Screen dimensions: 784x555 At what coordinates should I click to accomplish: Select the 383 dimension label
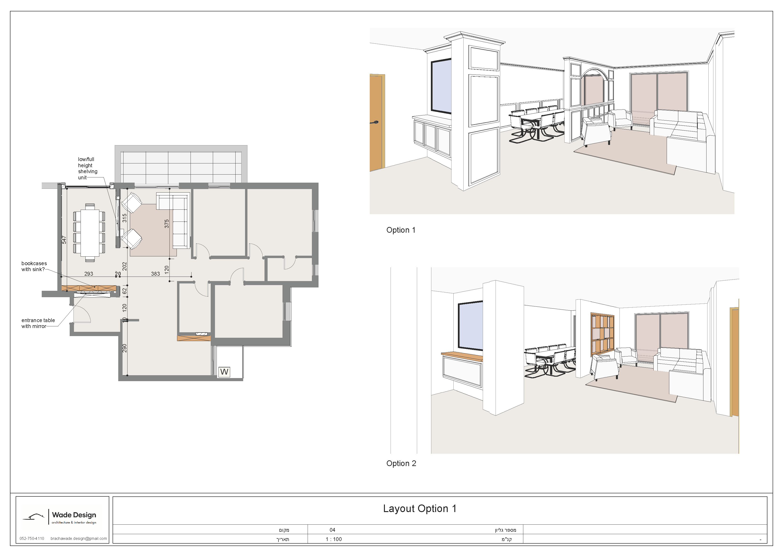(155, 274)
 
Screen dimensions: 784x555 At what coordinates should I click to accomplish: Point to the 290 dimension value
(125, 348)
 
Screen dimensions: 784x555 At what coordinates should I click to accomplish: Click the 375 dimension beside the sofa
(167, 224)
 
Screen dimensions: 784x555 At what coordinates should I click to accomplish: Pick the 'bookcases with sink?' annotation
(34, 266)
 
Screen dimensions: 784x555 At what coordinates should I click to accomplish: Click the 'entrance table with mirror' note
(38, 323)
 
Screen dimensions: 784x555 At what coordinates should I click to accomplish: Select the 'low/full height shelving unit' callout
(88, 168)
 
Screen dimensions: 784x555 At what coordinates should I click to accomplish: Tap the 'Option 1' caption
(401, 230)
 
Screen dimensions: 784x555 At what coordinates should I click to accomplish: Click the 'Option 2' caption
(401, 463)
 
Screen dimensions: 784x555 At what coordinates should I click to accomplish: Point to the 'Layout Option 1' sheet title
(420, 509)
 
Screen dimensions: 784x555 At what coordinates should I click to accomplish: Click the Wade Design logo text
(74, 515)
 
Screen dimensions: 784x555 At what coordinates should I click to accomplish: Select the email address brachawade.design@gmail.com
(78, 539)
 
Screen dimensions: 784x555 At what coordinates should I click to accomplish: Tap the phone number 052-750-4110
(32, 539)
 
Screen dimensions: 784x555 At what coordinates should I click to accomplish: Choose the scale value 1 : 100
(334, 539)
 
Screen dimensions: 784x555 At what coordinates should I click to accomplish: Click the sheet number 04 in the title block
(332, 530)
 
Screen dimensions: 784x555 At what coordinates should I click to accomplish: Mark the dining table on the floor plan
(90, 233)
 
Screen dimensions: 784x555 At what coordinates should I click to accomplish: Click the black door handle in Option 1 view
(375, 122)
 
